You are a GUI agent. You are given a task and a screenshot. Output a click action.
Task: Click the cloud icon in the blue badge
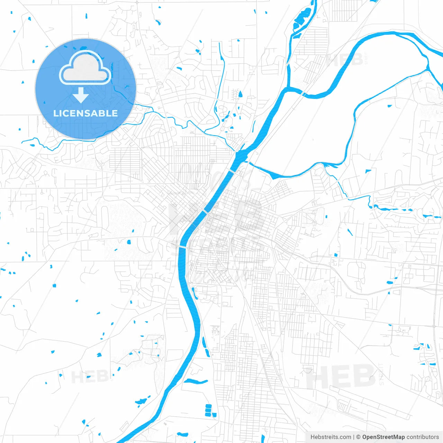coord(85,68)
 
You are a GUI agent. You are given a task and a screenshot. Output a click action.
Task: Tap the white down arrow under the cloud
coord(81,95)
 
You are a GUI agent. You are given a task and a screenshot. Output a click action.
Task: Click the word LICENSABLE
coord(85,114)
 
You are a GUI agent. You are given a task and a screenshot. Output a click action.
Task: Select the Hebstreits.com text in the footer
coord(331,437)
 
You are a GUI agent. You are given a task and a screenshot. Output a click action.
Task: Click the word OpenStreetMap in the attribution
coord(383,437)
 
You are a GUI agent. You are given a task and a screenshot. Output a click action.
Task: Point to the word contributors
coord(423,437)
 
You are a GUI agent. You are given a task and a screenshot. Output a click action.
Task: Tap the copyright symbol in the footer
coord(358,437)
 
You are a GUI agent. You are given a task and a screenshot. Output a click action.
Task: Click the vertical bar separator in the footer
coord(354,437)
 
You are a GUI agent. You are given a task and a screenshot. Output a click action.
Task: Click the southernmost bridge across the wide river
coord(182,246)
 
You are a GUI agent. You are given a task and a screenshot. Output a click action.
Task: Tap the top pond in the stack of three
coord(208,406)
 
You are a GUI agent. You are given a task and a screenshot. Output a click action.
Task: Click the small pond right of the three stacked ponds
coord(215,415)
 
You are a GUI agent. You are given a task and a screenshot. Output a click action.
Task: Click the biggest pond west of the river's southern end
coord(141,402)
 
